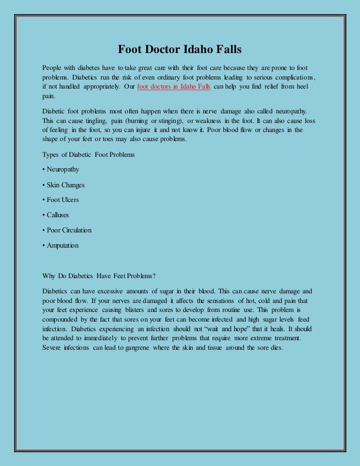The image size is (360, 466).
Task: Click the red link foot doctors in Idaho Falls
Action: (174, 87)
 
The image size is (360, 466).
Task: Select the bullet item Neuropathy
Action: (63, 169)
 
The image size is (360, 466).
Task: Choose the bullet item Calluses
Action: (59, 215)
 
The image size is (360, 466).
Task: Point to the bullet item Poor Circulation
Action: (68, 230)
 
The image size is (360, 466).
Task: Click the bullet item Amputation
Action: (62, 245)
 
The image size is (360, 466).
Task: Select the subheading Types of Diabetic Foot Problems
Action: (89, 154)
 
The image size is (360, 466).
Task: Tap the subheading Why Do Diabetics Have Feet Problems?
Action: (99, 276)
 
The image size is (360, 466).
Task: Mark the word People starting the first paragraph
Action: (53, 67)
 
